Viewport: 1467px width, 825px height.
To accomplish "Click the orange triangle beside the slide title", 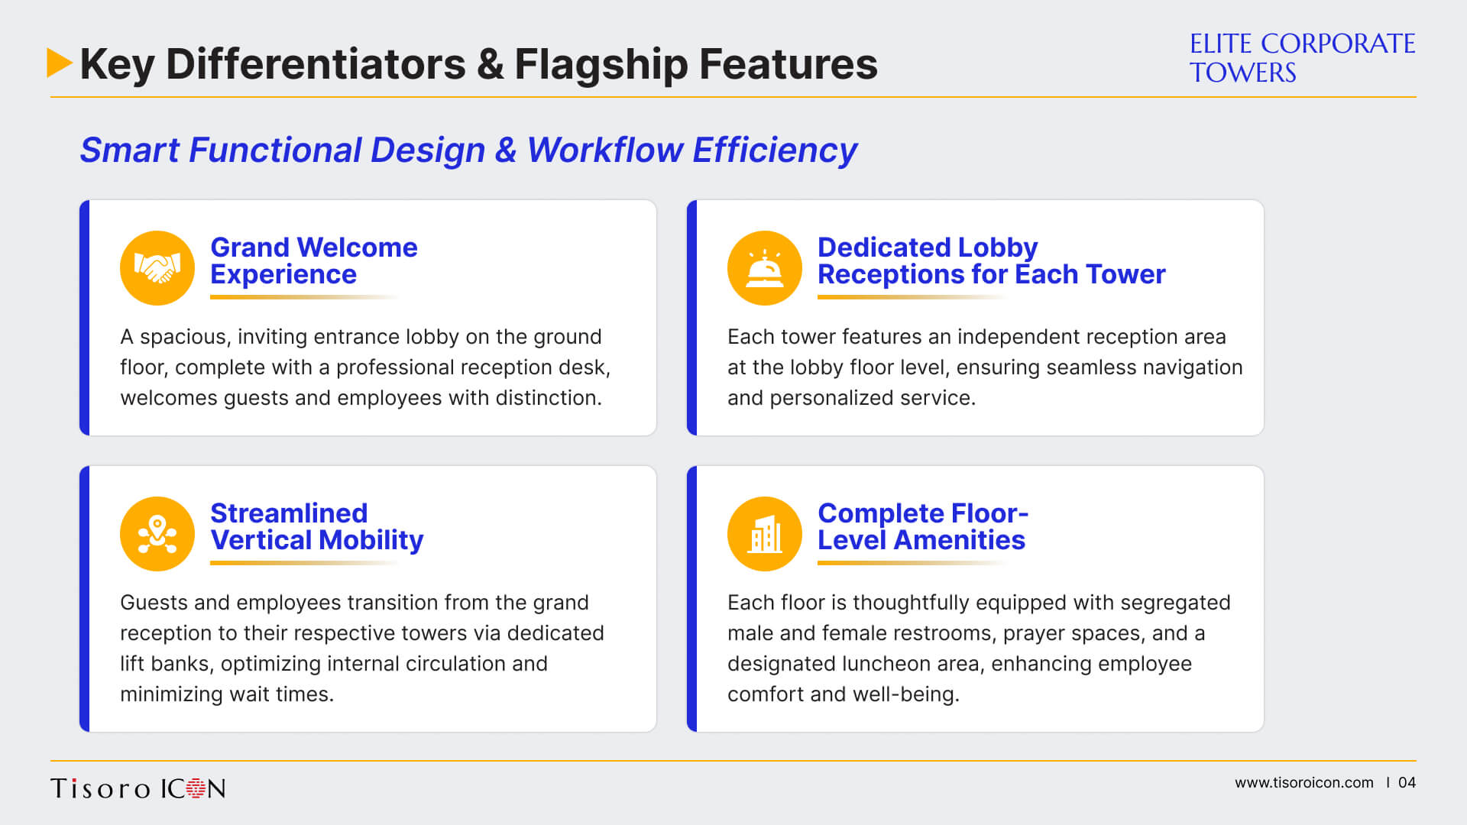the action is (59, 63).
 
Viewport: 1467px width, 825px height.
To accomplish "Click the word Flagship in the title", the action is (601, 64).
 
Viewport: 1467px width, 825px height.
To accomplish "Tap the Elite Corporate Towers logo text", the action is (1302, 58).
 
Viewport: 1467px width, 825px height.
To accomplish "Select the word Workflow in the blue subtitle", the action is (604, 150).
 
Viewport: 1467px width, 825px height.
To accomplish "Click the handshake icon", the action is (157, 268).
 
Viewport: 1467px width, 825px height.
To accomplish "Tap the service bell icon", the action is (765, 268).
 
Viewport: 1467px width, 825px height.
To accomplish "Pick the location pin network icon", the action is (157, 534).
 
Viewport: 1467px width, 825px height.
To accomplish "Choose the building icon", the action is (765, 534).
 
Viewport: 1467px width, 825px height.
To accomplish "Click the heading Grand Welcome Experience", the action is (314, 260).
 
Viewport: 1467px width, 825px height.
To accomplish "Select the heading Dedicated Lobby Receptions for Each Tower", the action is (992, 260).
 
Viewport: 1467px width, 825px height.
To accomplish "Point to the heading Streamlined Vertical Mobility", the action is (316, 526).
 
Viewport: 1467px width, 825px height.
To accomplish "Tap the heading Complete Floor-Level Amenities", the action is (923, 526).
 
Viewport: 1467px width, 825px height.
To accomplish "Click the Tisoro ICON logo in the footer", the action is (138, 788).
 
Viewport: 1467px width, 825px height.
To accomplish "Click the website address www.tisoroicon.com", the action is (1303, 783).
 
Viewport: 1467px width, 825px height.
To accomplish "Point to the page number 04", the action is (1407, 783).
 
